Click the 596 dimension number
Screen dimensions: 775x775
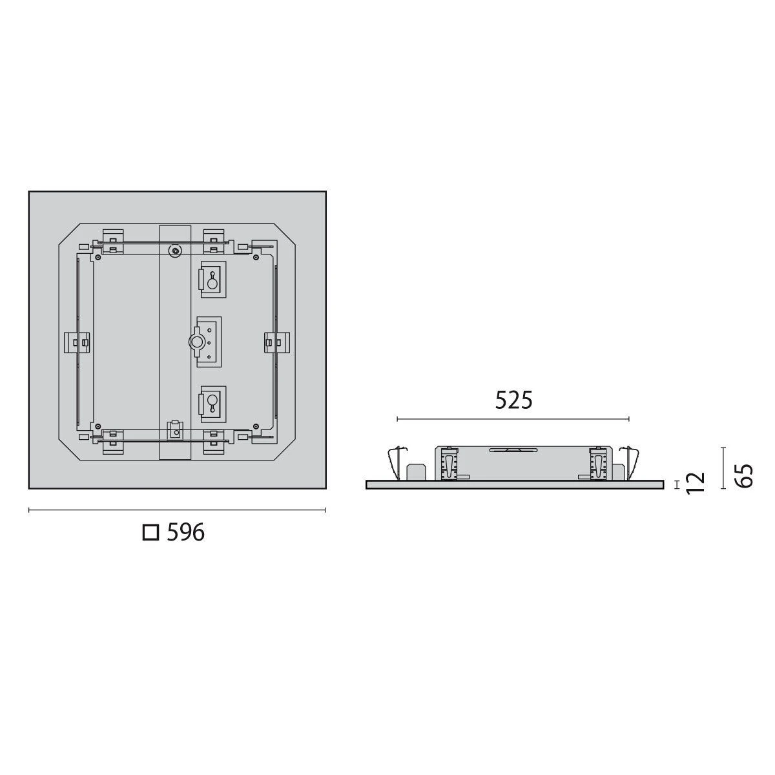pyautogui.click(x=185, y=532)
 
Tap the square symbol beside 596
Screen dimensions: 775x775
pyautogui.click(x=150, y=532)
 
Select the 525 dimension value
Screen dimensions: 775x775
pyautogui.click(x=514, y=400)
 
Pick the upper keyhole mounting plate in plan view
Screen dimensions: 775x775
pyautogui.click(x=211, y=281)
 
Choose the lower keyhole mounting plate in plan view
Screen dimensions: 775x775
pyautogui.click(x=211, y=404)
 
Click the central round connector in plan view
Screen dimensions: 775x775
pyautogui.click(x=195, y=341)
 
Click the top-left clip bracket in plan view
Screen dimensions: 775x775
pyautogui.click(x=113, y=240)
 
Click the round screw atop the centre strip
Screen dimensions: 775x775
pyautogui.click(x=174, y=250)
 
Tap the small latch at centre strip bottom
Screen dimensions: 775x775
pyautogui.click(x=174, y=429)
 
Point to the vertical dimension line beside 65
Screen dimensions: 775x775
pyautogui.click(x=723, y=467)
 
